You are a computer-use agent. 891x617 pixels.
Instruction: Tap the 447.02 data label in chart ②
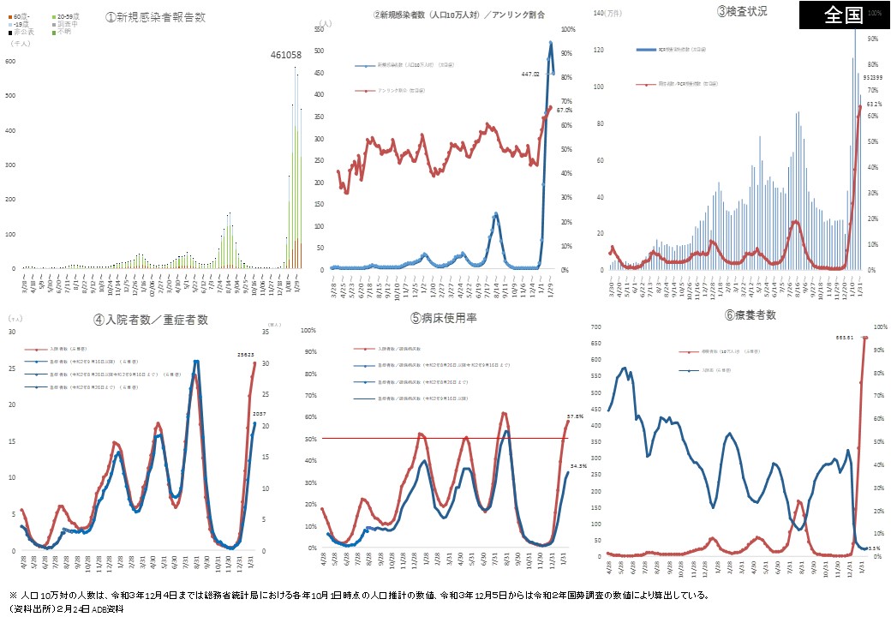pyautogui.click(x=529, y=75)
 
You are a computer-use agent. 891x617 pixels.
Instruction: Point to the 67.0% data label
pyautogui.click(x=563, y=111)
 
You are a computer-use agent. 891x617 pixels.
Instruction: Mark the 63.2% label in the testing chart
pyautogui.click(x=872, y=104)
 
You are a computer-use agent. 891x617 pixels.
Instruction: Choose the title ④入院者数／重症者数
pyautogui.click(x=151, y=320)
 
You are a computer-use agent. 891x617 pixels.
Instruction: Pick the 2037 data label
pyautogui.click(x=257, y=415)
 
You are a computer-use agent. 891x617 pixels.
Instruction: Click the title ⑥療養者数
pyautogui.click(x=750, y=315)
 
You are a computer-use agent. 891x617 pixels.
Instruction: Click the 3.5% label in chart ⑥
pyautogui.click(x=874, y=547)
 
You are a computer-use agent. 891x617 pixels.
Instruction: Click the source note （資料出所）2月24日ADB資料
pyautogui.click(x=68, y=608)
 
